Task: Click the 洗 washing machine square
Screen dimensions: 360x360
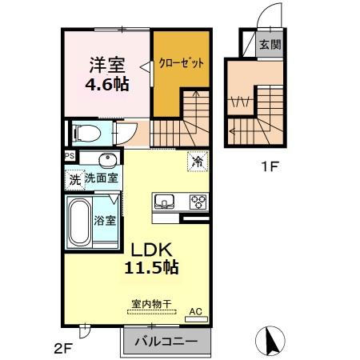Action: tap(74, 179)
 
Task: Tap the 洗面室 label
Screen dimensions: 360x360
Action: tap(102, 178)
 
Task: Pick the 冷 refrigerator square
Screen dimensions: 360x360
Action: tap(197, 162)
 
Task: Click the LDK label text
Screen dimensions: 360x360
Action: tap(145, 250)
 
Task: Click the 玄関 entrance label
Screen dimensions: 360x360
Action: tap(269, 45)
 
